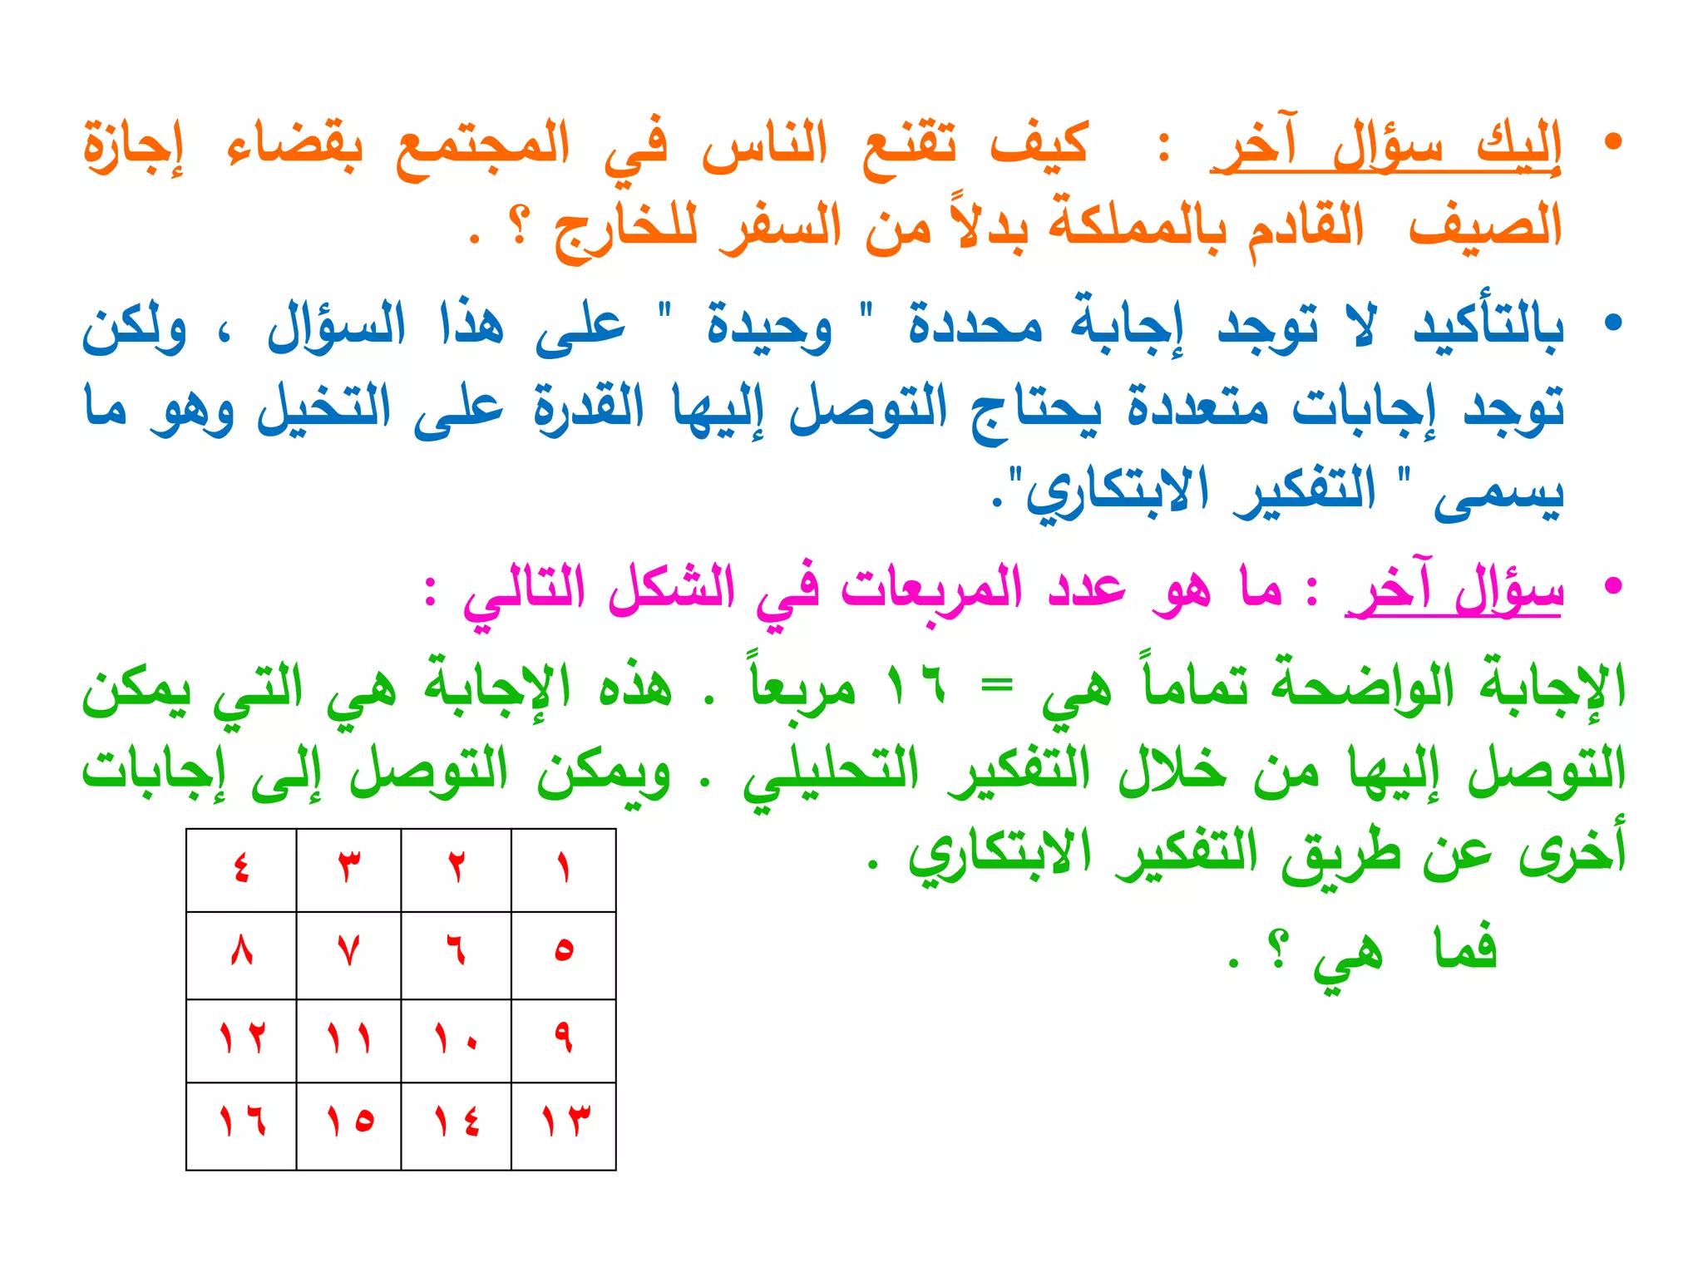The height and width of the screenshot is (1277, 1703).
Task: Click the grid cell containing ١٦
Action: point(241,1125)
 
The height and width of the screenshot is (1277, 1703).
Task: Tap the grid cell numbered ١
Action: point(563,870)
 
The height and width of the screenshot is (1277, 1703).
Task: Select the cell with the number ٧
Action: point(348,954)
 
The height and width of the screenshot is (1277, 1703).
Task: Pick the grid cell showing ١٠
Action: point(456,1040)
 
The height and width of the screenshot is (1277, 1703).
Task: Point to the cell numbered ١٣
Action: point(563,1125)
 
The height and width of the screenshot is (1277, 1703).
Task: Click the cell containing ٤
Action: point(241,870)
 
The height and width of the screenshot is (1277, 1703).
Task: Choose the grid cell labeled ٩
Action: point(563,1040)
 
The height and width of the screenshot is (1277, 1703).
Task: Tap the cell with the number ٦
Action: point(456,954)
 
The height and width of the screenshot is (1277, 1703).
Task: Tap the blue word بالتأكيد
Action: point(1488,326)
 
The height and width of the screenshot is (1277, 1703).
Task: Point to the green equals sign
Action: point(996,687)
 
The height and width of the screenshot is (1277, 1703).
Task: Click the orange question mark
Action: point(521,226)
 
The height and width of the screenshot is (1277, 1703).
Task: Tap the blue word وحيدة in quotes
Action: point(769,326)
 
